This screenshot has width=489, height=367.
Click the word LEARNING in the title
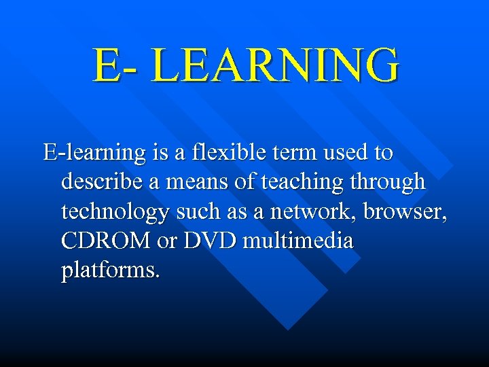(276, 65)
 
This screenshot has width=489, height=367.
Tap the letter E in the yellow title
(107, 65)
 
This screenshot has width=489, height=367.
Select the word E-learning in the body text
(94, 153)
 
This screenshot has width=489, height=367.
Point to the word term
(283, 152)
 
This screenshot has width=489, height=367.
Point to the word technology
(115, 212)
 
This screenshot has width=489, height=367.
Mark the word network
(312, 211)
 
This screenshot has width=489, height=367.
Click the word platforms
(111, 270)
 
